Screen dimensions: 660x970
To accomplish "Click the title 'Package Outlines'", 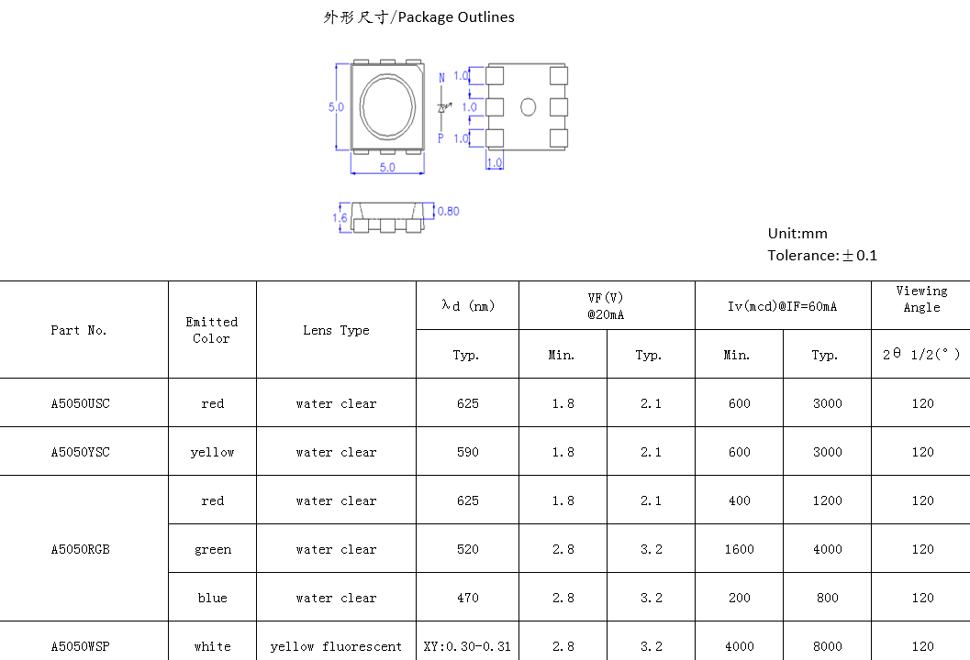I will [418, 17].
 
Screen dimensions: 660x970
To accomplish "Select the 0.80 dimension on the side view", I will [448, 212].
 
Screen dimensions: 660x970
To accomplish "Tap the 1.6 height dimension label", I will [340, 218].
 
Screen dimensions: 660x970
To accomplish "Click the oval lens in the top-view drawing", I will [387, 106].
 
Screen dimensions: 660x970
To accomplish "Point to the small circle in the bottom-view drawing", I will [528, 107].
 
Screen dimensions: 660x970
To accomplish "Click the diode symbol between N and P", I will [441, 107].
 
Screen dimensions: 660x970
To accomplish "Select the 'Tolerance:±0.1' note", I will [822, 256].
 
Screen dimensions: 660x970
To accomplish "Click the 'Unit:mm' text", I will [797, 234].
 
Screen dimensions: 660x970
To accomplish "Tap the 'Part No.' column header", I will [79, 330].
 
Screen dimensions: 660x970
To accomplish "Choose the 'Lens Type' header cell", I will [336, 330].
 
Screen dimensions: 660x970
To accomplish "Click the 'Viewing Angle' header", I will [921, 299].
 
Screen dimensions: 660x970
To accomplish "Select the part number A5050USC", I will [80, 403].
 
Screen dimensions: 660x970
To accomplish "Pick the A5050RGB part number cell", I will [80, 549].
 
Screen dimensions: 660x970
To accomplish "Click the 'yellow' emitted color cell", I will [212, 452].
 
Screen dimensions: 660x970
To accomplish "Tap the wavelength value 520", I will [467, 549].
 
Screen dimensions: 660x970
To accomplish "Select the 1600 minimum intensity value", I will [739, 549].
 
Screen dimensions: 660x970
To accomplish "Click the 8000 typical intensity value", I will [827, 646].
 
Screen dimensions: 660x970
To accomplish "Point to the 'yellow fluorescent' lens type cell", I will [336, 646].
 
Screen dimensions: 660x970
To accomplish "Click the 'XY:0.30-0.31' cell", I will [467, 646].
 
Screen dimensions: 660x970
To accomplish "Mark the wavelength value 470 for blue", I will [467, 598].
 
